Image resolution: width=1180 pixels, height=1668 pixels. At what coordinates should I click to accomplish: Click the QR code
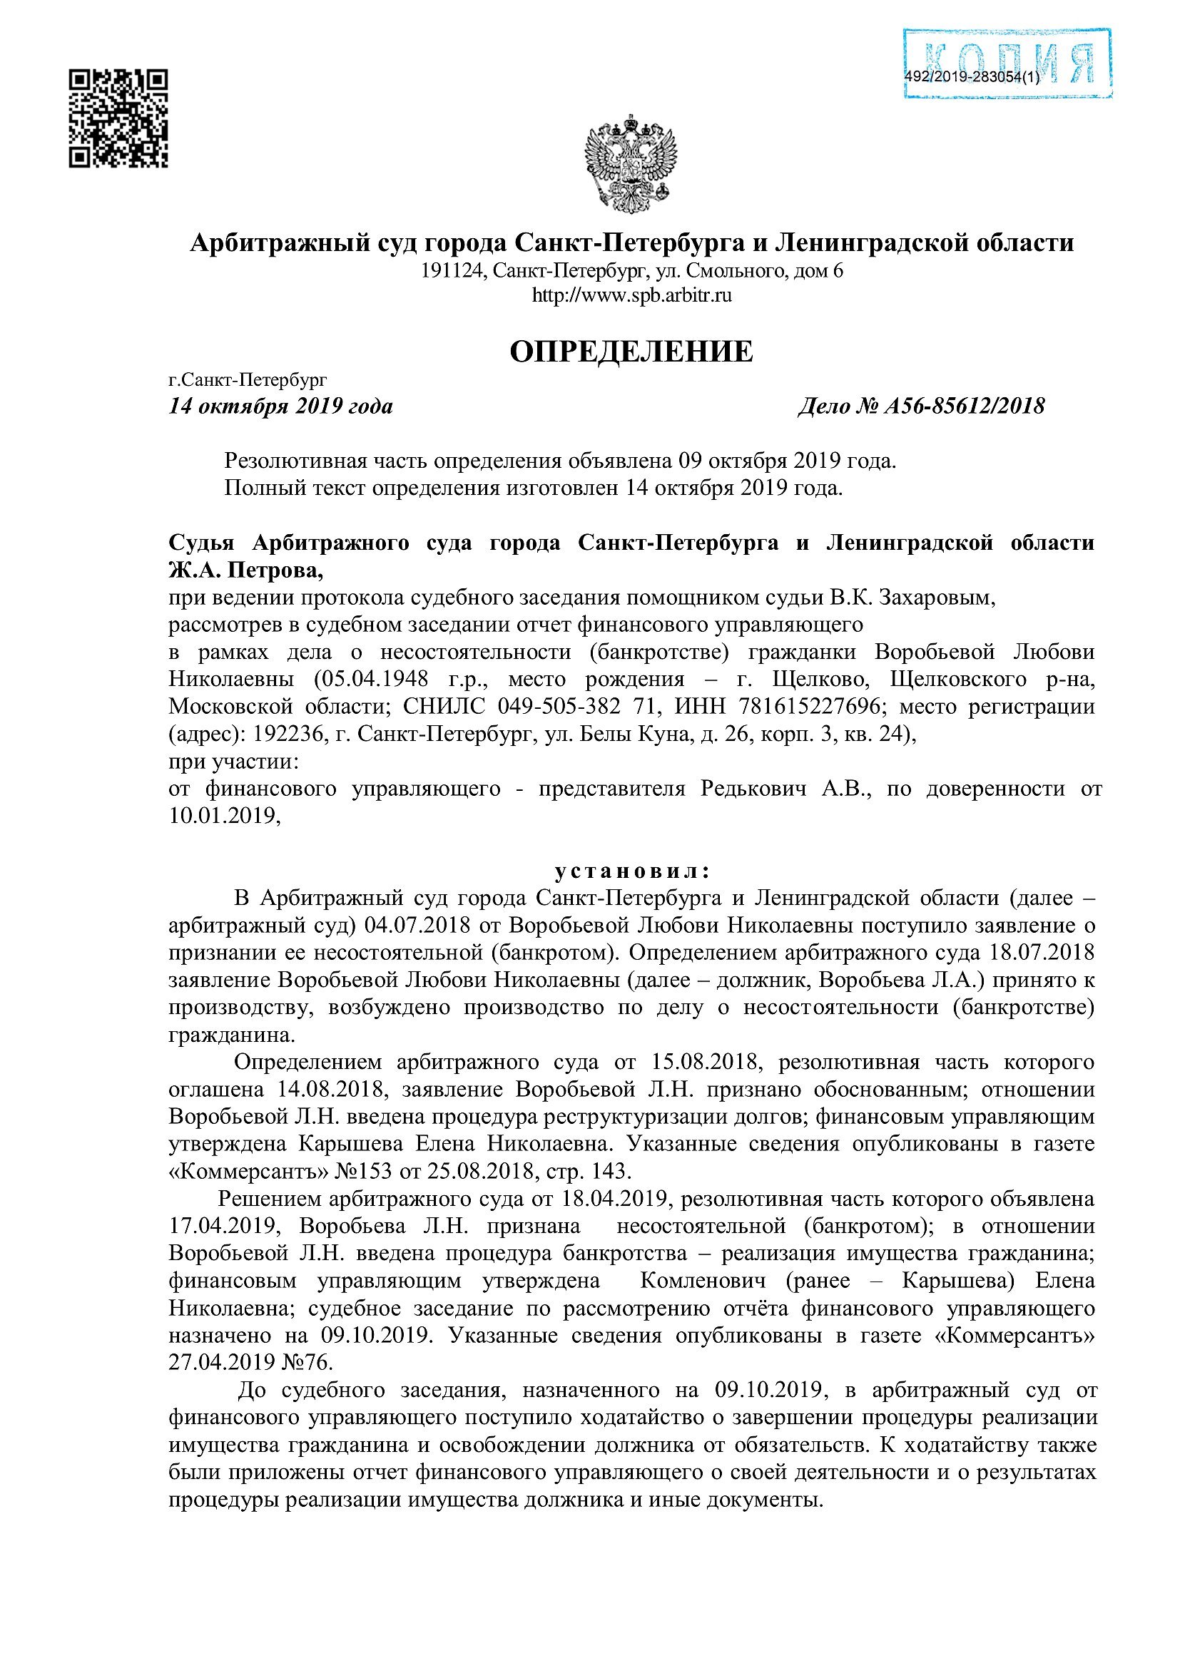click(118, 118)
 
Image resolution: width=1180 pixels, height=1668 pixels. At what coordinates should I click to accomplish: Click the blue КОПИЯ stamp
click(1008, 64)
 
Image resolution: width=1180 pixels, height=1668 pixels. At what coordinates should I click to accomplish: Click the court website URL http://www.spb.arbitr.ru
click(631, 296)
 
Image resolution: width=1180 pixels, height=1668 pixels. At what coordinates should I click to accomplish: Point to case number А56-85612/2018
click(963, 406)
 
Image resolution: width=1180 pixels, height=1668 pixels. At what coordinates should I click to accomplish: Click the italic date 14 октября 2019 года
click(280, 406)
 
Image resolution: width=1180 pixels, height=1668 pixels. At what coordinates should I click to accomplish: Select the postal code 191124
click(451, 272)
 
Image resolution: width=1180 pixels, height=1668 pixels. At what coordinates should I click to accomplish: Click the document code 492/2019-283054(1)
click(972, 78)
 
